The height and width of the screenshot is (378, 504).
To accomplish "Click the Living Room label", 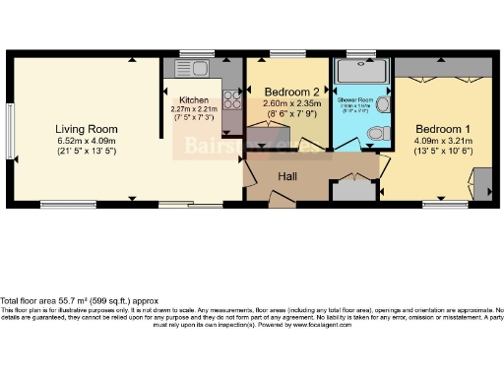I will point(87,129).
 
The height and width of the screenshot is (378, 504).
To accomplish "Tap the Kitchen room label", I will point(193,100).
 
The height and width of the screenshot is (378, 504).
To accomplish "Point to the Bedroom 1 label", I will point(442,129).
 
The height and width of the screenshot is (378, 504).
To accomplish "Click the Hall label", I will point(288,175).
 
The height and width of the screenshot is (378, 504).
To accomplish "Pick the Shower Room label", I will point(353,100).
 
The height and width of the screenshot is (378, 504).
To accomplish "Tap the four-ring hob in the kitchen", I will point(233,98).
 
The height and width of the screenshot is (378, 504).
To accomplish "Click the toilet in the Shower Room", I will point(386,130).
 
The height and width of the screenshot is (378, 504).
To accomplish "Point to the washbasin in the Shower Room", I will point(387,102).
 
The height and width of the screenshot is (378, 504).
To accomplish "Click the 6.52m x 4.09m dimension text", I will point(87,141).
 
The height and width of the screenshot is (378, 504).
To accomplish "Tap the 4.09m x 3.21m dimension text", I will point(442,141).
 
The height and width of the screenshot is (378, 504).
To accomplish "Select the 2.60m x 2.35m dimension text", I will point(293,103).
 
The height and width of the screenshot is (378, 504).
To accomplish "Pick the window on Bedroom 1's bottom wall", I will point(444,204).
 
